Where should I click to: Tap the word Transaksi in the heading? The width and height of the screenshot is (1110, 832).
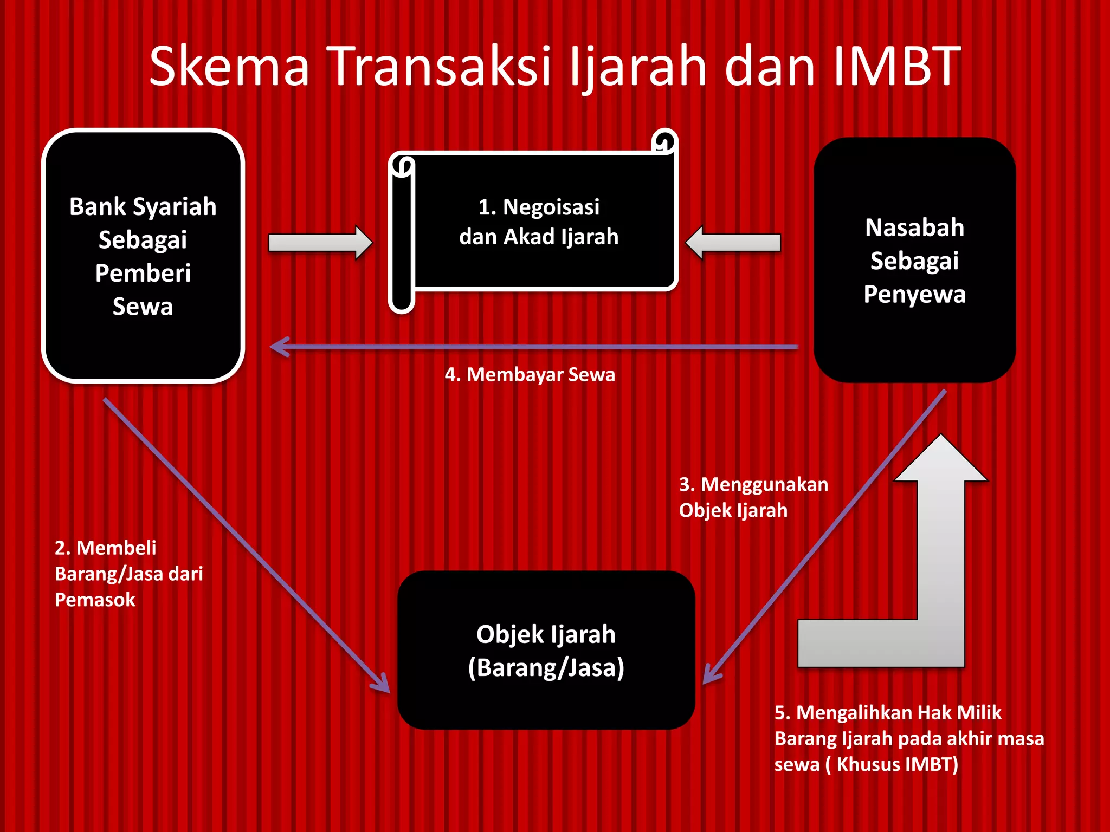click(x=439, y=66)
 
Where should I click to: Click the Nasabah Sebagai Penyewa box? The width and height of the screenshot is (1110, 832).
click(x=914, y=260)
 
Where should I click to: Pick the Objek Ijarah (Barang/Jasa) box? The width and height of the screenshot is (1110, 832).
click(x=546, y=650)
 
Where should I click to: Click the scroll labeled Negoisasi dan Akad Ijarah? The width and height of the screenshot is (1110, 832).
click(x=539, y=222)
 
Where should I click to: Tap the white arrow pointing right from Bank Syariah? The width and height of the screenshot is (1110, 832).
click(x=320, y=243)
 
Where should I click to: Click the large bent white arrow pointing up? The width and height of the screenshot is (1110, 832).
click(x=940, y=569)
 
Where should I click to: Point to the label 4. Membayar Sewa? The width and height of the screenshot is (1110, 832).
click(x=530, y=374)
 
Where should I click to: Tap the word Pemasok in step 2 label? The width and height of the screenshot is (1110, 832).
click(x=95, y=600)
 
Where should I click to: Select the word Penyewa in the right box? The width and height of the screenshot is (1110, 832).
click(x=914, y=294)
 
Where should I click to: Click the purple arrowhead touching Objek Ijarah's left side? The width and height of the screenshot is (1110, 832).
click(x=383, y=684)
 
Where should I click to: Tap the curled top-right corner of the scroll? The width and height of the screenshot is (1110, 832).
click(x=664, y=142)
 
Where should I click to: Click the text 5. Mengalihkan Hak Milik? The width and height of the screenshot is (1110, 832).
click(x=888, y=712)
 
